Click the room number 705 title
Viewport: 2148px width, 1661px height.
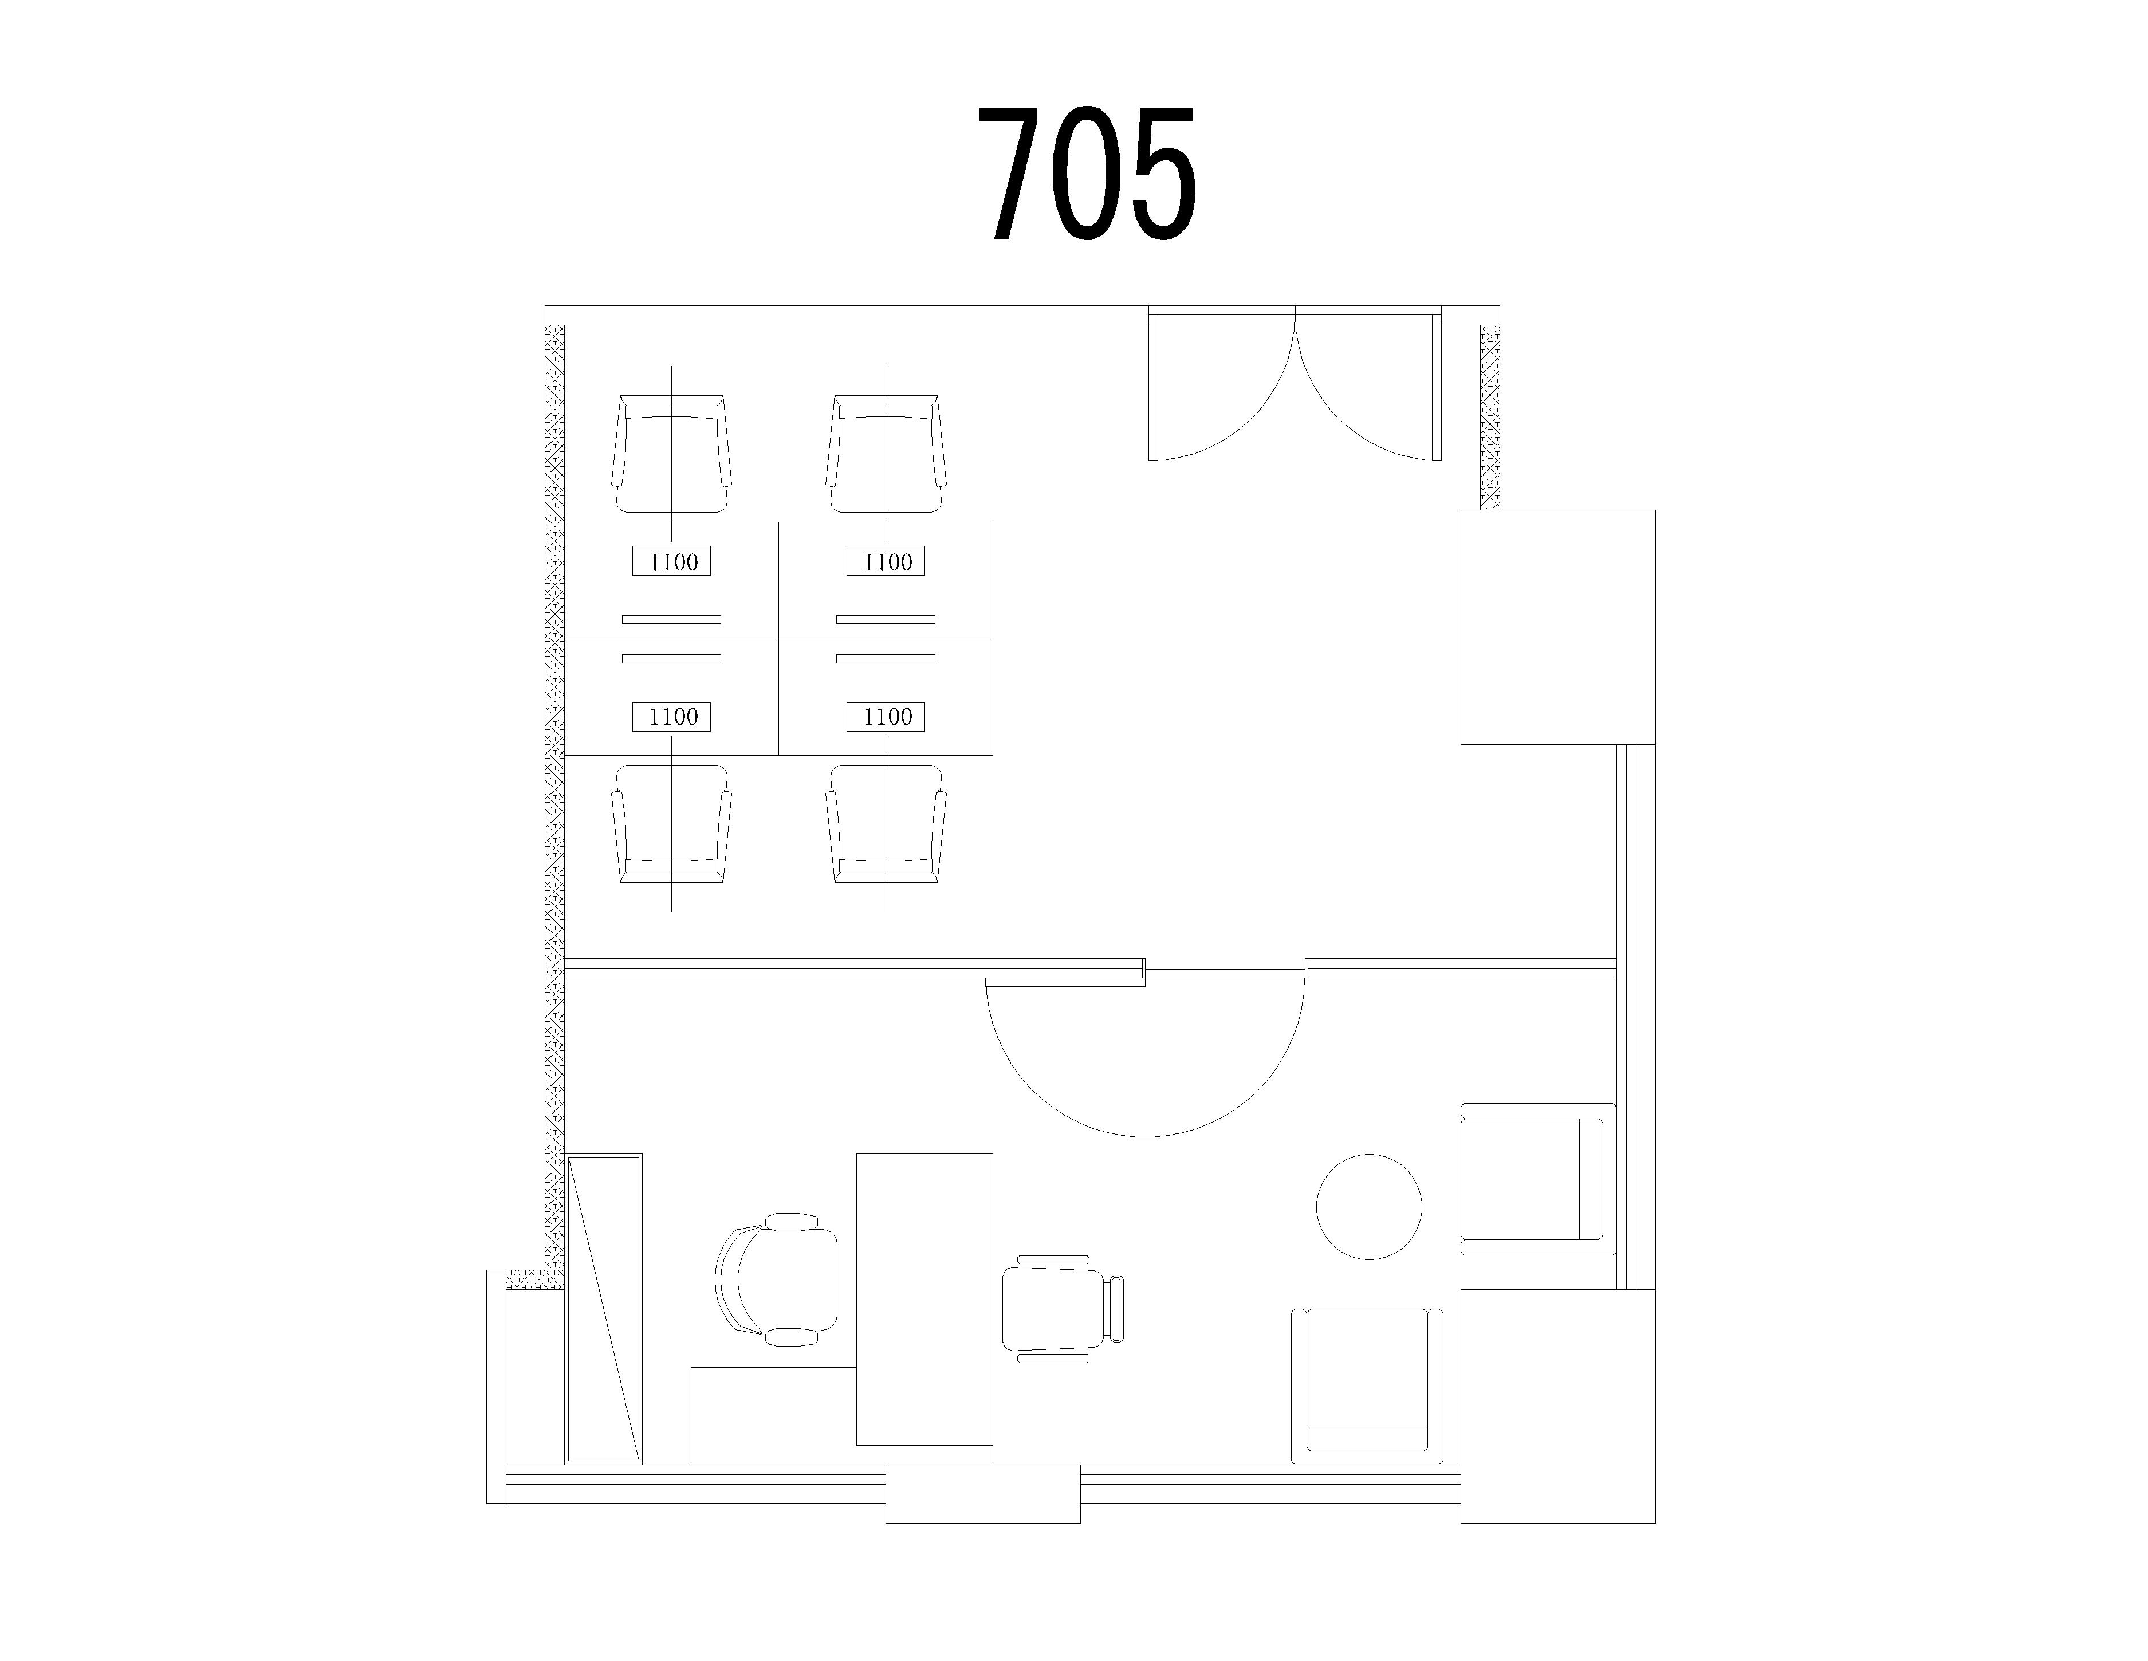1087,173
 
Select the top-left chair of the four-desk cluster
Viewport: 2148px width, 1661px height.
672,454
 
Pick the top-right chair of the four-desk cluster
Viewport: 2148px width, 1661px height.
886,454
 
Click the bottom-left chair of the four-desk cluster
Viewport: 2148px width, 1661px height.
672,824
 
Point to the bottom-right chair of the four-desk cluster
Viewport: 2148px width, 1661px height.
886,824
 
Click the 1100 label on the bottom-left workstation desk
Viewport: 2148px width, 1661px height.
672,717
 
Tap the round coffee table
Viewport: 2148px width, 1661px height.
1369,1207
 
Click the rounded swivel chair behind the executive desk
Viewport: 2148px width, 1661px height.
777,1280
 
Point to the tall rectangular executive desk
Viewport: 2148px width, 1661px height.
924,1299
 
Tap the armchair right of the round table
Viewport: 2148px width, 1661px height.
1538,1179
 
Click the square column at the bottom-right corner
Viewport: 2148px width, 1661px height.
1558,1406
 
